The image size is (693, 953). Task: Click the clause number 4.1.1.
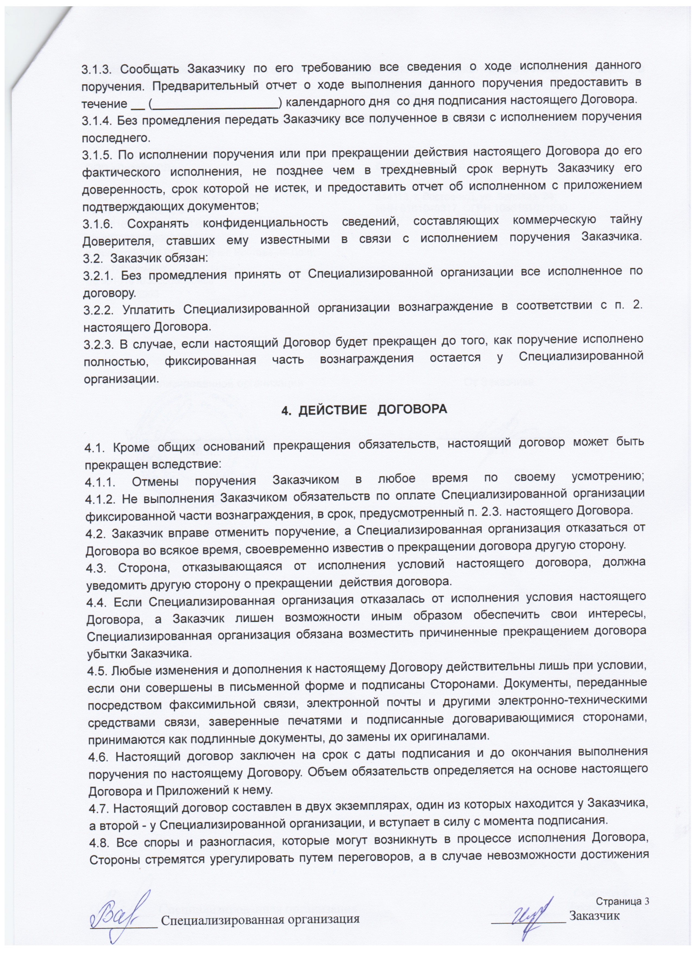[x=102, y=479]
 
